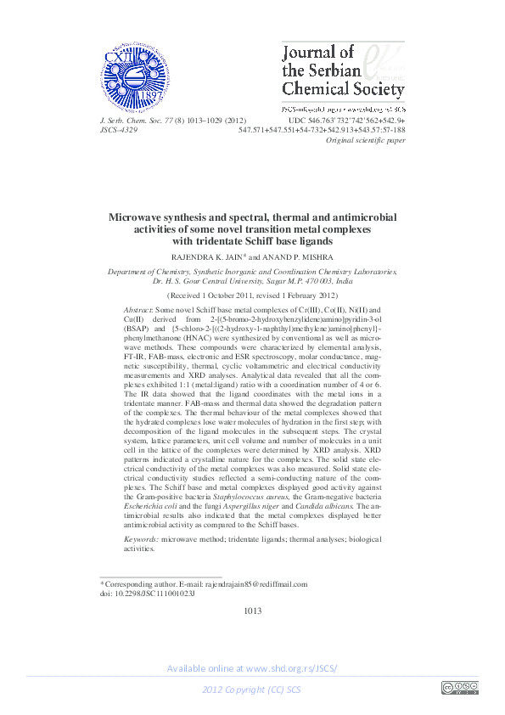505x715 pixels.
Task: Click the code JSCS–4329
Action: (120, 130)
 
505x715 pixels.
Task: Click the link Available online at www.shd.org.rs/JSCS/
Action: (252, 668)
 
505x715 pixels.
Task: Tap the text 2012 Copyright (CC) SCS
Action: (252, 689)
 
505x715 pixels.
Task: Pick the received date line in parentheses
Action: (251, 295)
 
